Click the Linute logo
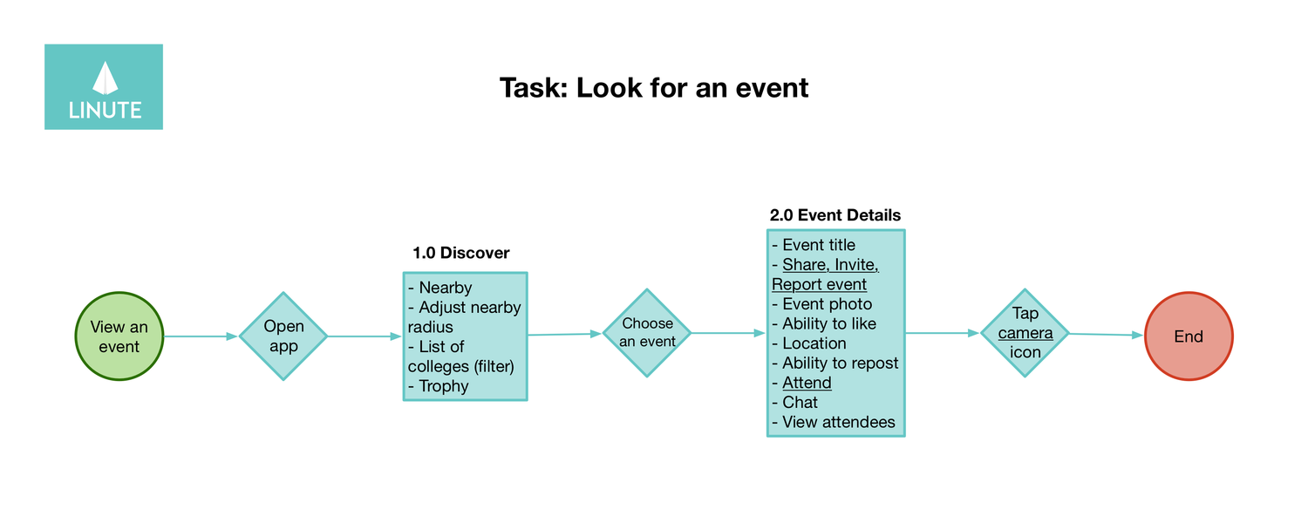click(x=104, y=87)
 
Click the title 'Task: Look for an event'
click(x=654, y=88)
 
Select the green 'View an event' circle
click(x=119, y=336)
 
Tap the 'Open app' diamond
click(x=283, y=336)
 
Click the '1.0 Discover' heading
click(x=460, y=253)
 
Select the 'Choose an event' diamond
click(x=647, y=333)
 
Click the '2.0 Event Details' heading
click(x=835, y=214)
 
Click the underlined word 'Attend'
click(x=807, y=383)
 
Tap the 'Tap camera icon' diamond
click(x=1025, y=333)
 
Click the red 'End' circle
click(x=1188, y=336)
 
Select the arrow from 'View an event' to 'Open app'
click(x=201, y=336)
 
